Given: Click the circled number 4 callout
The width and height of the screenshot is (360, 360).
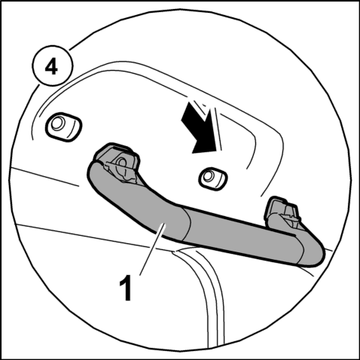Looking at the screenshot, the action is [53, 66].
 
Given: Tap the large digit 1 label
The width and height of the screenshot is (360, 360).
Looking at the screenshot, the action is [126, 288].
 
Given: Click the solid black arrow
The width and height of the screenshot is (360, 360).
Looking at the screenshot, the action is [200, 129].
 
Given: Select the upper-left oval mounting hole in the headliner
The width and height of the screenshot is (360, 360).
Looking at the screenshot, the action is [63, 127].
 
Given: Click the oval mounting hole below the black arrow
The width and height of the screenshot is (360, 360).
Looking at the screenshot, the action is [213, 178].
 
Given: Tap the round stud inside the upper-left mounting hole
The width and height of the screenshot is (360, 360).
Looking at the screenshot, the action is [56, 123].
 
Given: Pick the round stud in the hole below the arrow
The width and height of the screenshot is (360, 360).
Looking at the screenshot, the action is [208, 176].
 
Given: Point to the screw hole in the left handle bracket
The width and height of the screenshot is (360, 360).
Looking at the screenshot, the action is [123, 163].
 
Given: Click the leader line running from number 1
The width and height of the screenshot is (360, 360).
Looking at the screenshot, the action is [152, 249].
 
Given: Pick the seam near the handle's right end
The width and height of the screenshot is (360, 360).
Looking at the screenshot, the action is [300, 249].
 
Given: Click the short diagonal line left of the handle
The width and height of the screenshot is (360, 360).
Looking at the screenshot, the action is [44, 177].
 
